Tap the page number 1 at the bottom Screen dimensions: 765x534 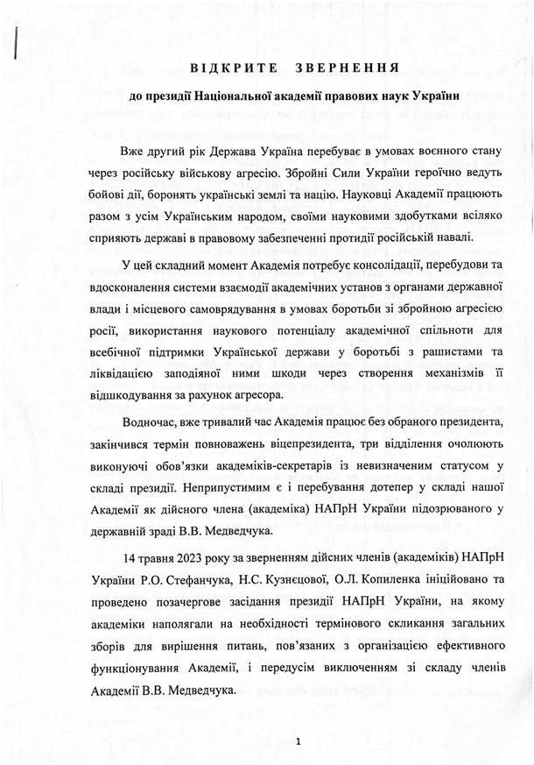pos(299,740)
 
